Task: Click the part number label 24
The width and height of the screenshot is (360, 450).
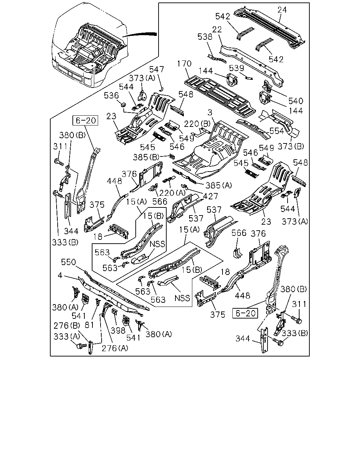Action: click(282, 10)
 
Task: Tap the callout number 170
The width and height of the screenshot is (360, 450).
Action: click(184, 64)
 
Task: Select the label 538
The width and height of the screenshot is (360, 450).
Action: click(205, 37)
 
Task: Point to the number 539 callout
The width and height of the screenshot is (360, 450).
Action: click(236, 68)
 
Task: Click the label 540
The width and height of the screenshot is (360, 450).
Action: click(296, 101)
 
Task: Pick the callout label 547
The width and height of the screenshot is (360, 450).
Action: click(157, 69)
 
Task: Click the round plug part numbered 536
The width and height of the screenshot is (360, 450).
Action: click(123, 104)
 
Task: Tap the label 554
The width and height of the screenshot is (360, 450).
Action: click(277, 131)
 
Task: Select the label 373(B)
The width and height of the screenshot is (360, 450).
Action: click(291, 146)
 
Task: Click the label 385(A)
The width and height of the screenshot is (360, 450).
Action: click(219, 185)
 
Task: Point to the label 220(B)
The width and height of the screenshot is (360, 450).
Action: click(197, 124)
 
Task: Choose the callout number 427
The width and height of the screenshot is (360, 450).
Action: click(211, 197)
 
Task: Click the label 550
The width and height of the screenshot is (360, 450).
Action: click(69, 262)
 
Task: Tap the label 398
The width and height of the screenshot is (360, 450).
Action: click(118, 330)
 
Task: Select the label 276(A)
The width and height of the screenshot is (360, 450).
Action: click(115, 348)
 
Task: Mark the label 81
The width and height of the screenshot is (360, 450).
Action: click(89, 325)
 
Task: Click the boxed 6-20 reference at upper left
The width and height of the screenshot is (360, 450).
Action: click(85, 121)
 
